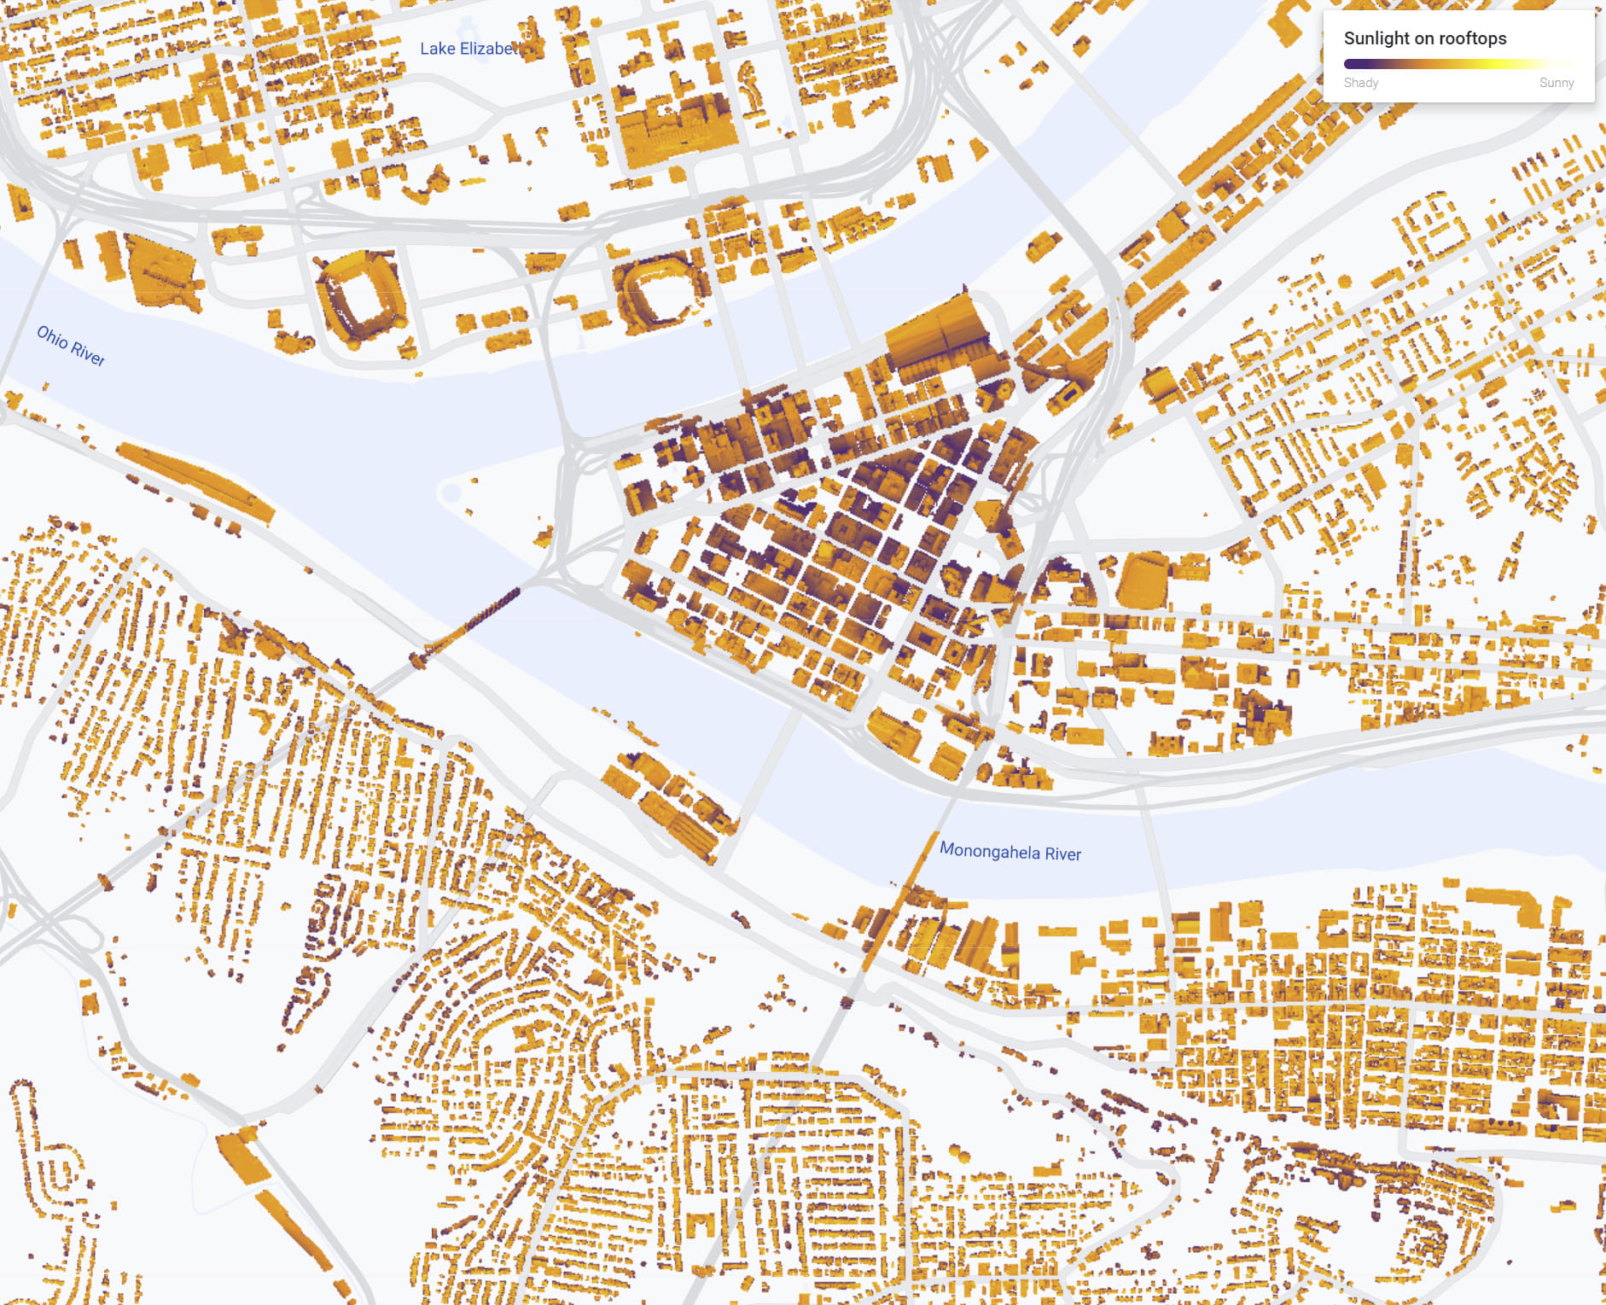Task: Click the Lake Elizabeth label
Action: click(469, 49)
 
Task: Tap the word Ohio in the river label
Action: click(52, 337)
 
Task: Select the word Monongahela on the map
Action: click(989, 850)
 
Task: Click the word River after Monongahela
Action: click(1063, 854)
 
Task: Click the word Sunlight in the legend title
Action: click(1376, 38)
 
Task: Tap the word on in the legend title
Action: click(1424, 38)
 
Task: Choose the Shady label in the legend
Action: click(1360, 83)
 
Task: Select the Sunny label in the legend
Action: click(1556, 83)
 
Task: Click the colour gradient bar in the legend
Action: click(1458, 64)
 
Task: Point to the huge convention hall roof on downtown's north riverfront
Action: click(939, 337)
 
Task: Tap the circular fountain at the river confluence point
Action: click(450, 492)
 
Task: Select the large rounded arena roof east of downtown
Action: click(1143, 580)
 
